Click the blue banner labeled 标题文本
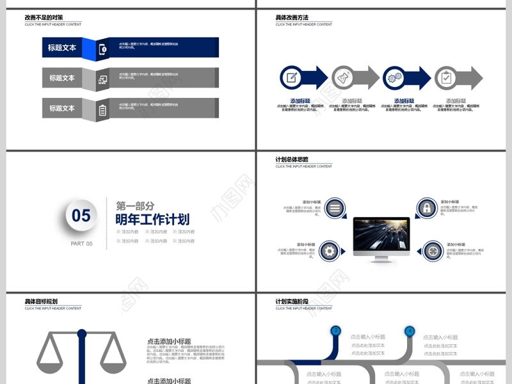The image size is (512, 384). [x=63, y=47]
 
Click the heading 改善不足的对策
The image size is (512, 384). [x=44, y=17]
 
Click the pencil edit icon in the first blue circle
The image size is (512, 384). [x=292, y=78]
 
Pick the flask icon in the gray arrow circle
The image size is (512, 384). [x=344, y=78]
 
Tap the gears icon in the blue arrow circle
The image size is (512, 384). [x=396, y=78]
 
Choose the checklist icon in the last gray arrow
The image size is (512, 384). [x=447, y=78]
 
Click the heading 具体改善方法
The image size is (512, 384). [x=292, y=17]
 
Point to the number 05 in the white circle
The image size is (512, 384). [x=81, y=216]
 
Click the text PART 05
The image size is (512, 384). [x=81, y=243]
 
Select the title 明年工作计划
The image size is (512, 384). [x=152, y=220]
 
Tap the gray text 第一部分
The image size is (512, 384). [x=135, y=205]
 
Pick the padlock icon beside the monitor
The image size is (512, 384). [x=426, y=208]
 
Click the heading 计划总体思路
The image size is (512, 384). [x=292, y=159]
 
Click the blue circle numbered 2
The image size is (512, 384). [x=335, y=331]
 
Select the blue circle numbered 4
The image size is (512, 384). [x=410, y=331]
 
